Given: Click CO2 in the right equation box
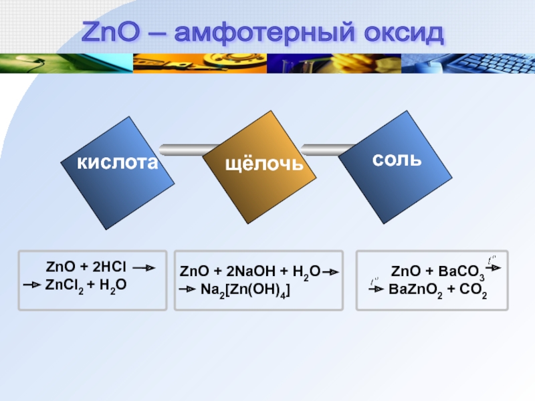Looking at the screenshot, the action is [x=473, y=290].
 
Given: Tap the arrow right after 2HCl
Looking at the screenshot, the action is [x=144, y=268].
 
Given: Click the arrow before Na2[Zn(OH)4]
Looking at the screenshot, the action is [x=187, y=289].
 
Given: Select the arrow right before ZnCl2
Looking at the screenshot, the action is [x=32, y=285].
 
